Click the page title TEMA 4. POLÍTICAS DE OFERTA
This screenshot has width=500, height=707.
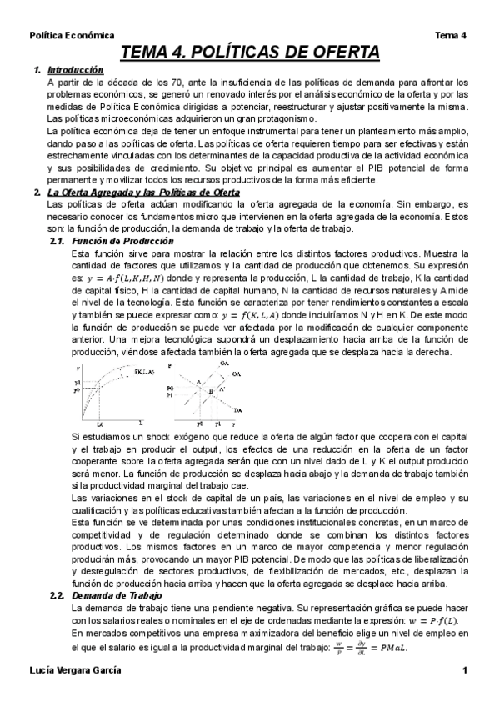[x=251, y=53]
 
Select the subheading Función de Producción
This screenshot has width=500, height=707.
[x=112, y=240]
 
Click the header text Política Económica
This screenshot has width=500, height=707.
[x=72, y=35]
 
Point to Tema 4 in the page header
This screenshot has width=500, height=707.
[x=451, y=35]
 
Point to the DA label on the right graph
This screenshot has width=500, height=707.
[x=238, y=410]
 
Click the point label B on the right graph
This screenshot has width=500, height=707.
[x=211, y=391]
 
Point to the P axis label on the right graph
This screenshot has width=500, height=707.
[x=169, y=365]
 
